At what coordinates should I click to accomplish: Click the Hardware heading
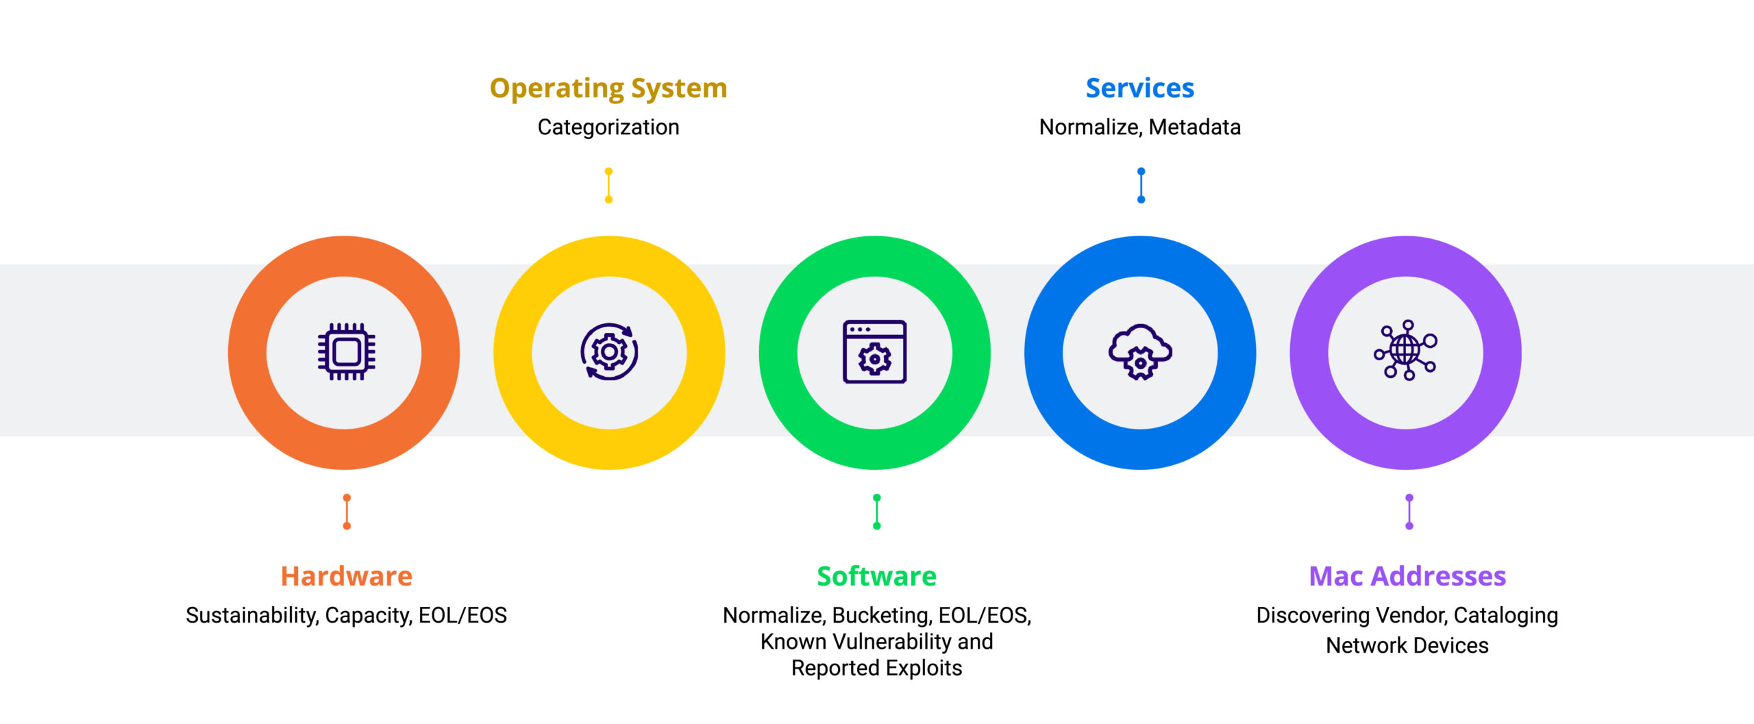[347, 576]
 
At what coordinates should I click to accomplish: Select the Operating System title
[608, 89]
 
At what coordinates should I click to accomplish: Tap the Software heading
[876, 576]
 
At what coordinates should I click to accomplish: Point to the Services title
[1140, 88]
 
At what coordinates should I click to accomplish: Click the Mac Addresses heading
[1407, 576]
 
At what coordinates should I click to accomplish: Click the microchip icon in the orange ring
[346, 352]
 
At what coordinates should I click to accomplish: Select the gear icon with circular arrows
[609, 352]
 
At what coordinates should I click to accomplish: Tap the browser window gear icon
[875, 352]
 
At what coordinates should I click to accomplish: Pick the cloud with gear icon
[1140, 352]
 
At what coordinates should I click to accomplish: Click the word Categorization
[608, 127]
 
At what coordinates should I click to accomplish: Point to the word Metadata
[1195, 127]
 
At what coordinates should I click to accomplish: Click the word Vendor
[1411, 616]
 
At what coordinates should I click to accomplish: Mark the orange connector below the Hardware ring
[347, 512]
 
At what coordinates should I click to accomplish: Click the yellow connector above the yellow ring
[608, 186]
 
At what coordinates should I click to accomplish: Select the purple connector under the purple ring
[1409, 512]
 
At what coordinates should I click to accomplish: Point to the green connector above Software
[877, 512]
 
